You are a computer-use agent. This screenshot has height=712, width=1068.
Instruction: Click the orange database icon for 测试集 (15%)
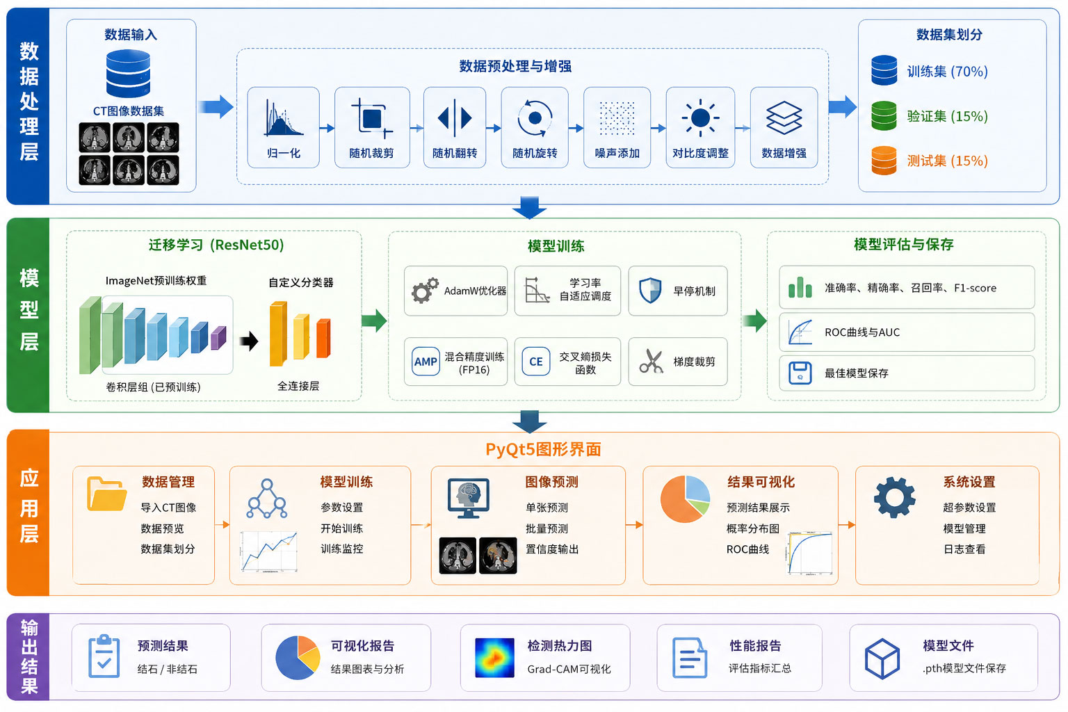tap(884, 161)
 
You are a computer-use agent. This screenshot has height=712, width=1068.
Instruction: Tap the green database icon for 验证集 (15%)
tap(884, 116)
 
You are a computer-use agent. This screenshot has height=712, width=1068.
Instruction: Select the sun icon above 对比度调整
tap(700, 118)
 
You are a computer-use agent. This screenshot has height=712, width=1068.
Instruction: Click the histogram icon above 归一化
tap(284, 118)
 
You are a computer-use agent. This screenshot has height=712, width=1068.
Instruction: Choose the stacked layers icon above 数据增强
tap(784, 118)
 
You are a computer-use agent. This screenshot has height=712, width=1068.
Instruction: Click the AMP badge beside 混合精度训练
tap(426, 362)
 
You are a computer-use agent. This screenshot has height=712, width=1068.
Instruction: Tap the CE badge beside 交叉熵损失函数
tap(536, 362)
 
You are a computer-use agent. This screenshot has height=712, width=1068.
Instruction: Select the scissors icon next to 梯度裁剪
tap(652, 361)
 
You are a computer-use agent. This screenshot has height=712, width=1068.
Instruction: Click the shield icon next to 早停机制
tap(650, 291)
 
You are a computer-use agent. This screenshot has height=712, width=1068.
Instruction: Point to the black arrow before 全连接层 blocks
tap(249, 341)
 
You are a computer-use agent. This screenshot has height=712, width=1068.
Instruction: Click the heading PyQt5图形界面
tap(543, 449)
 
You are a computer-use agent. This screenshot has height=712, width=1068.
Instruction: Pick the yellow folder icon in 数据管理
tap(107, 494)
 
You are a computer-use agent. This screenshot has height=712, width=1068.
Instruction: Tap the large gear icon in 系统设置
tap(894, 497)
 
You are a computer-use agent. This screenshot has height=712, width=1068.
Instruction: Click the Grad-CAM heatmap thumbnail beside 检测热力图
tap(494, 658)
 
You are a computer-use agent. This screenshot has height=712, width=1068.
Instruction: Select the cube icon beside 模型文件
tap(882, 658)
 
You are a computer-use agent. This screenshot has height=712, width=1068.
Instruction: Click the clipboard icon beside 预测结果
tap(104, 656)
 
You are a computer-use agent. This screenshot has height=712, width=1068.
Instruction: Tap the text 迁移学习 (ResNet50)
tap(216, 245)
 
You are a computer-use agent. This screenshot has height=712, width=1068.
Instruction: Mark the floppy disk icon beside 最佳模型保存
tap(800, 373)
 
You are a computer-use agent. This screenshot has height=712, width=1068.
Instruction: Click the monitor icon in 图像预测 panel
tap(468, 498)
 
